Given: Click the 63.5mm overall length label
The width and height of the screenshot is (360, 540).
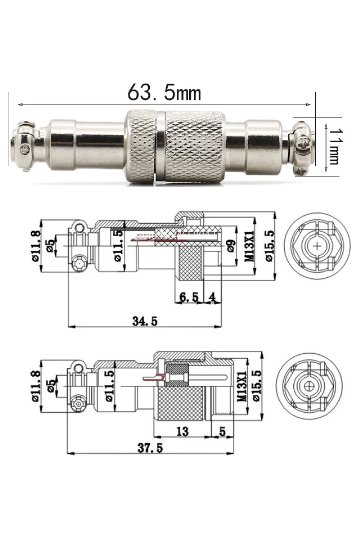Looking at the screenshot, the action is pyautogui.click(x=164, y=93).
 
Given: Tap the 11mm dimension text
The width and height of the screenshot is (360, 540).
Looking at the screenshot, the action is pyautogui.click(x=333, y=146).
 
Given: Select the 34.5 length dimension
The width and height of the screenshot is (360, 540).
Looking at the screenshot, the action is pyautogui.click(x=145, y=321).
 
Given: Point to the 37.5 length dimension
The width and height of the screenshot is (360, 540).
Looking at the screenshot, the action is pyautogui.click(x=150, y=448).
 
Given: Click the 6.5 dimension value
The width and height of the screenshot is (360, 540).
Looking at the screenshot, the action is pyautogui.click(x=189, y=297).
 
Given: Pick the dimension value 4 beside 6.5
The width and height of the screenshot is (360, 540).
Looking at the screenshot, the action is pyautogui.click(x=213, y=297).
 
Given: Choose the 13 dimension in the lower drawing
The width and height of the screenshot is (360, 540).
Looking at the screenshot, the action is pyautogui.click(x=182, y=431).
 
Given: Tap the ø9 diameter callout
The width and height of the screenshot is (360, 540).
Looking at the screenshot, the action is pyautogui.click(x=231, y=246).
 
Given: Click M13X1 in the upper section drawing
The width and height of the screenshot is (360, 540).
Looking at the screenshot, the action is pyautogui.click(x=250, y=246).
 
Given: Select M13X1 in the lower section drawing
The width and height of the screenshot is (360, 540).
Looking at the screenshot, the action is pyautogui.click(x=242, y=386).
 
